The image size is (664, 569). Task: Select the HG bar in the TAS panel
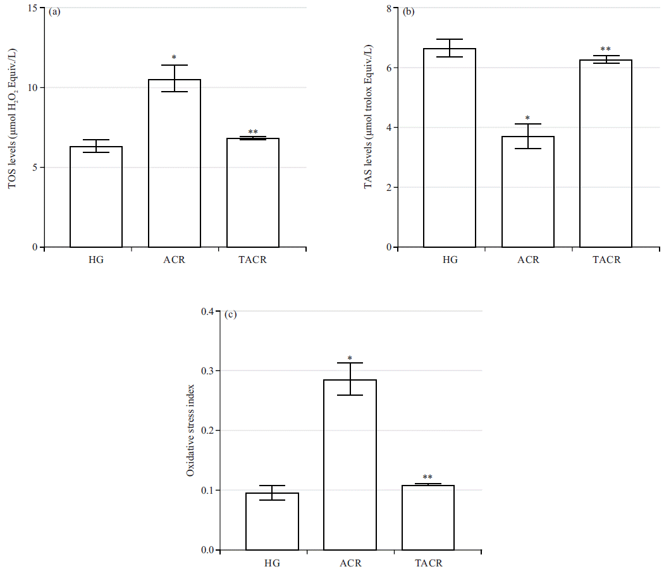(x=449, y=148)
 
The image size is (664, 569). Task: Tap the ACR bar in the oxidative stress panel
(x=350, y=465)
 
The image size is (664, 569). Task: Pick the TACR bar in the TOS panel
(x=252, y=193)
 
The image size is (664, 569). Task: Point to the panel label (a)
(x=54, y=11)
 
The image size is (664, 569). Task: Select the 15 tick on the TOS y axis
(x=31, y=8)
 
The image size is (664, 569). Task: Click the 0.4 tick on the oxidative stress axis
(x=207, y=311)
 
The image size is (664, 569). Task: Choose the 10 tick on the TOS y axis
(x=31, y=87)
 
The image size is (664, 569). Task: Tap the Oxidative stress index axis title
(x=190, y=430)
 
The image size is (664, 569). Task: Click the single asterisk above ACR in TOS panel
(x=174, y=58)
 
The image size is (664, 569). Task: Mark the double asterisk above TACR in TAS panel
(x=605, y=49)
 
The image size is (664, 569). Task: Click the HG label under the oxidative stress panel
(x=272, y=563)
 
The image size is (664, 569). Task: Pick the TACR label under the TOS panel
(x=252, y=260)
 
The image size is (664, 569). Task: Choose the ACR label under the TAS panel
(x=527, y=260)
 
